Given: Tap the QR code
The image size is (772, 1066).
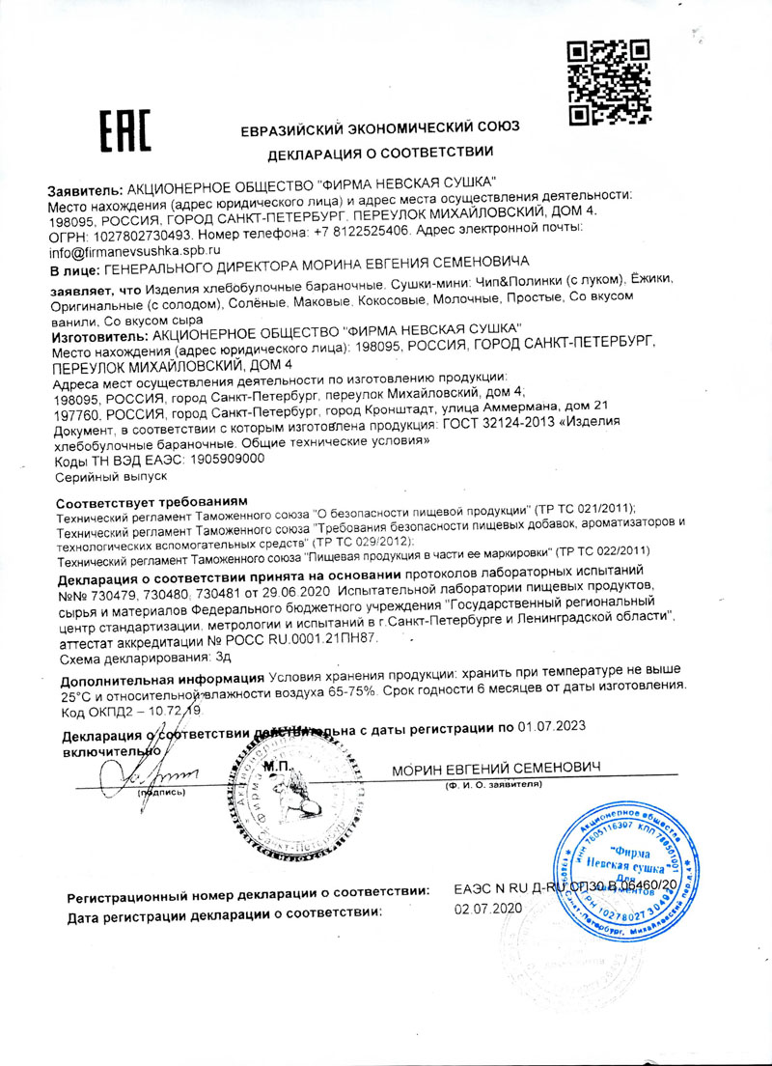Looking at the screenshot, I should (x=594, y=81).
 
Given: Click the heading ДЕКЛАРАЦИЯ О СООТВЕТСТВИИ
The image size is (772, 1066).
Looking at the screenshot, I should (x=380, y=153).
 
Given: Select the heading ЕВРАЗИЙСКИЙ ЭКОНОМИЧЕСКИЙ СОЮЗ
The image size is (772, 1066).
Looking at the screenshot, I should (x=380, y=126).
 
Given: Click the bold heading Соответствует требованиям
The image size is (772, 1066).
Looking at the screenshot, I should (x=152, y=504).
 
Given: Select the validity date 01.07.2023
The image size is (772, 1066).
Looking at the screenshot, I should (x=551, y=727).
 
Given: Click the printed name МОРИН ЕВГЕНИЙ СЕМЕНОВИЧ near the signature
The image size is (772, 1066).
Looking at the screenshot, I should (x=496, y=768).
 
